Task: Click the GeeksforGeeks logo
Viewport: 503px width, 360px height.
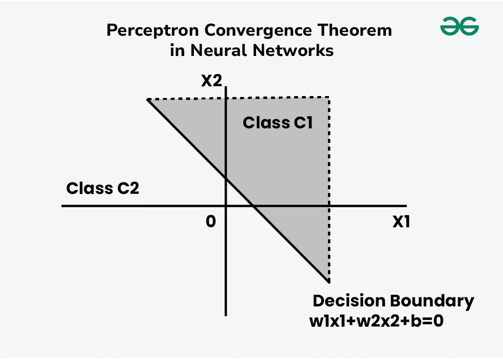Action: (459, 27)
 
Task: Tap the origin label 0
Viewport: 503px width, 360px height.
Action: (210, 222)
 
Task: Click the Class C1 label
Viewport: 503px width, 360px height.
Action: (278, 123)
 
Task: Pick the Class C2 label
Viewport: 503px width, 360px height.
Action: (102, 188)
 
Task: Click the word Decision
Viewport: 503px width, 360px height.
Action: (349, 301)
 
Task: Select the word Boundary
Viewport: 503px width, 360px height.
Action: (432, 301)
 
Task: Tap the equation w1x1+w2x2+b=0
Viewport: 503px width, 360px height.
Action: (377, 321)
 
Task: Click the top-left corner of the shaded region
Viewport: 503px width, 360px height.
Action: (147, 100)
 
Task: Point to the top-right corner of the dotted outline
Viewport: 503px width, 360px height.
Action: (329, 97)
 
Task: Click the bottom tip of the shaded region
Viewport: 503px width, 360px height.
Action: (328, 281)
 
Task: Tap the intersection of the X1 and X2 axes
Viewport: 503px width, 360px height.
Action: (226, 206)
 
